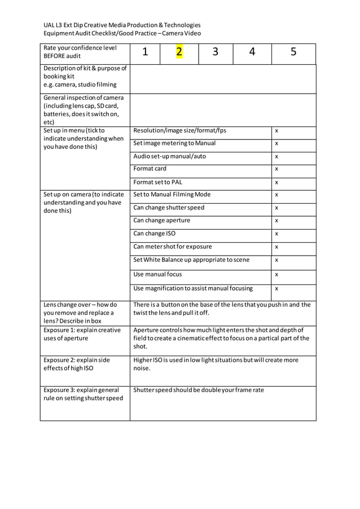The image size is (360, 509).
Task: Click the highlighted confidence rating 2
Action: point(179,52)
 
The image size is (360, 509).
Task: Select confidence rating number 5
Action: point(293,52)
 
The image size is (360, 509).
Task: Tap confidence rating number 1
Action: point(145,52)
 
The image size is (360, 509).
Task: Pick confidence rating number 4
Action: point(252,52)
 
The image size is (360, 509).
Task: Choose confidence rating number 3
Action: point(216,52)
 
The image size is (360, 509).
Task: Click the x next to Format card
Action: point(276,169)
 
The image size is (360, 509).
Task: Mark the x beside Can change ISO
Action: point(276,234)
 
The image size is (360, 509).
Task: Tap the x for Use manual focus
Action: point(276,275)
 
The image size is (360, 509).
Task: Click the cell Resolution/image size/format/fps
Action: point(179,130)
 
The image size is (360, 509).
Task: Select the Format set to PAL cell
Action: point(157,182)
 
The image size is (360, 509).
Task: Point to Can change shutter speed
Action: point(169,208)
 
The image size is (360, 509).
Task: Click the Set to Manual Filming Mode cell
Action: point(172,195)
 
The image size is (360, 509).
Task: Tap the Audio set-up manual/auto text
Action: point(169,156)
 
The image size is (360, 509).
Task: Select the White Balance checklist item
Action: point(191,260)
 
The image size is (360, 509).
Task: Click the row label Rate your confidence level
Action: point(80,52)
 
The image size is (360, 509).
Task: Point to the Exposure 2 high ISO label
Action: point(77,364)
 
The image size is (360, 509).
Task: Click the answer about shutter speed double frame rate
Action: point(198,390)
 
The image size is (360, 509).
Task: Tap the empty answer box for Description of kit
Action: point(222,78)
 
